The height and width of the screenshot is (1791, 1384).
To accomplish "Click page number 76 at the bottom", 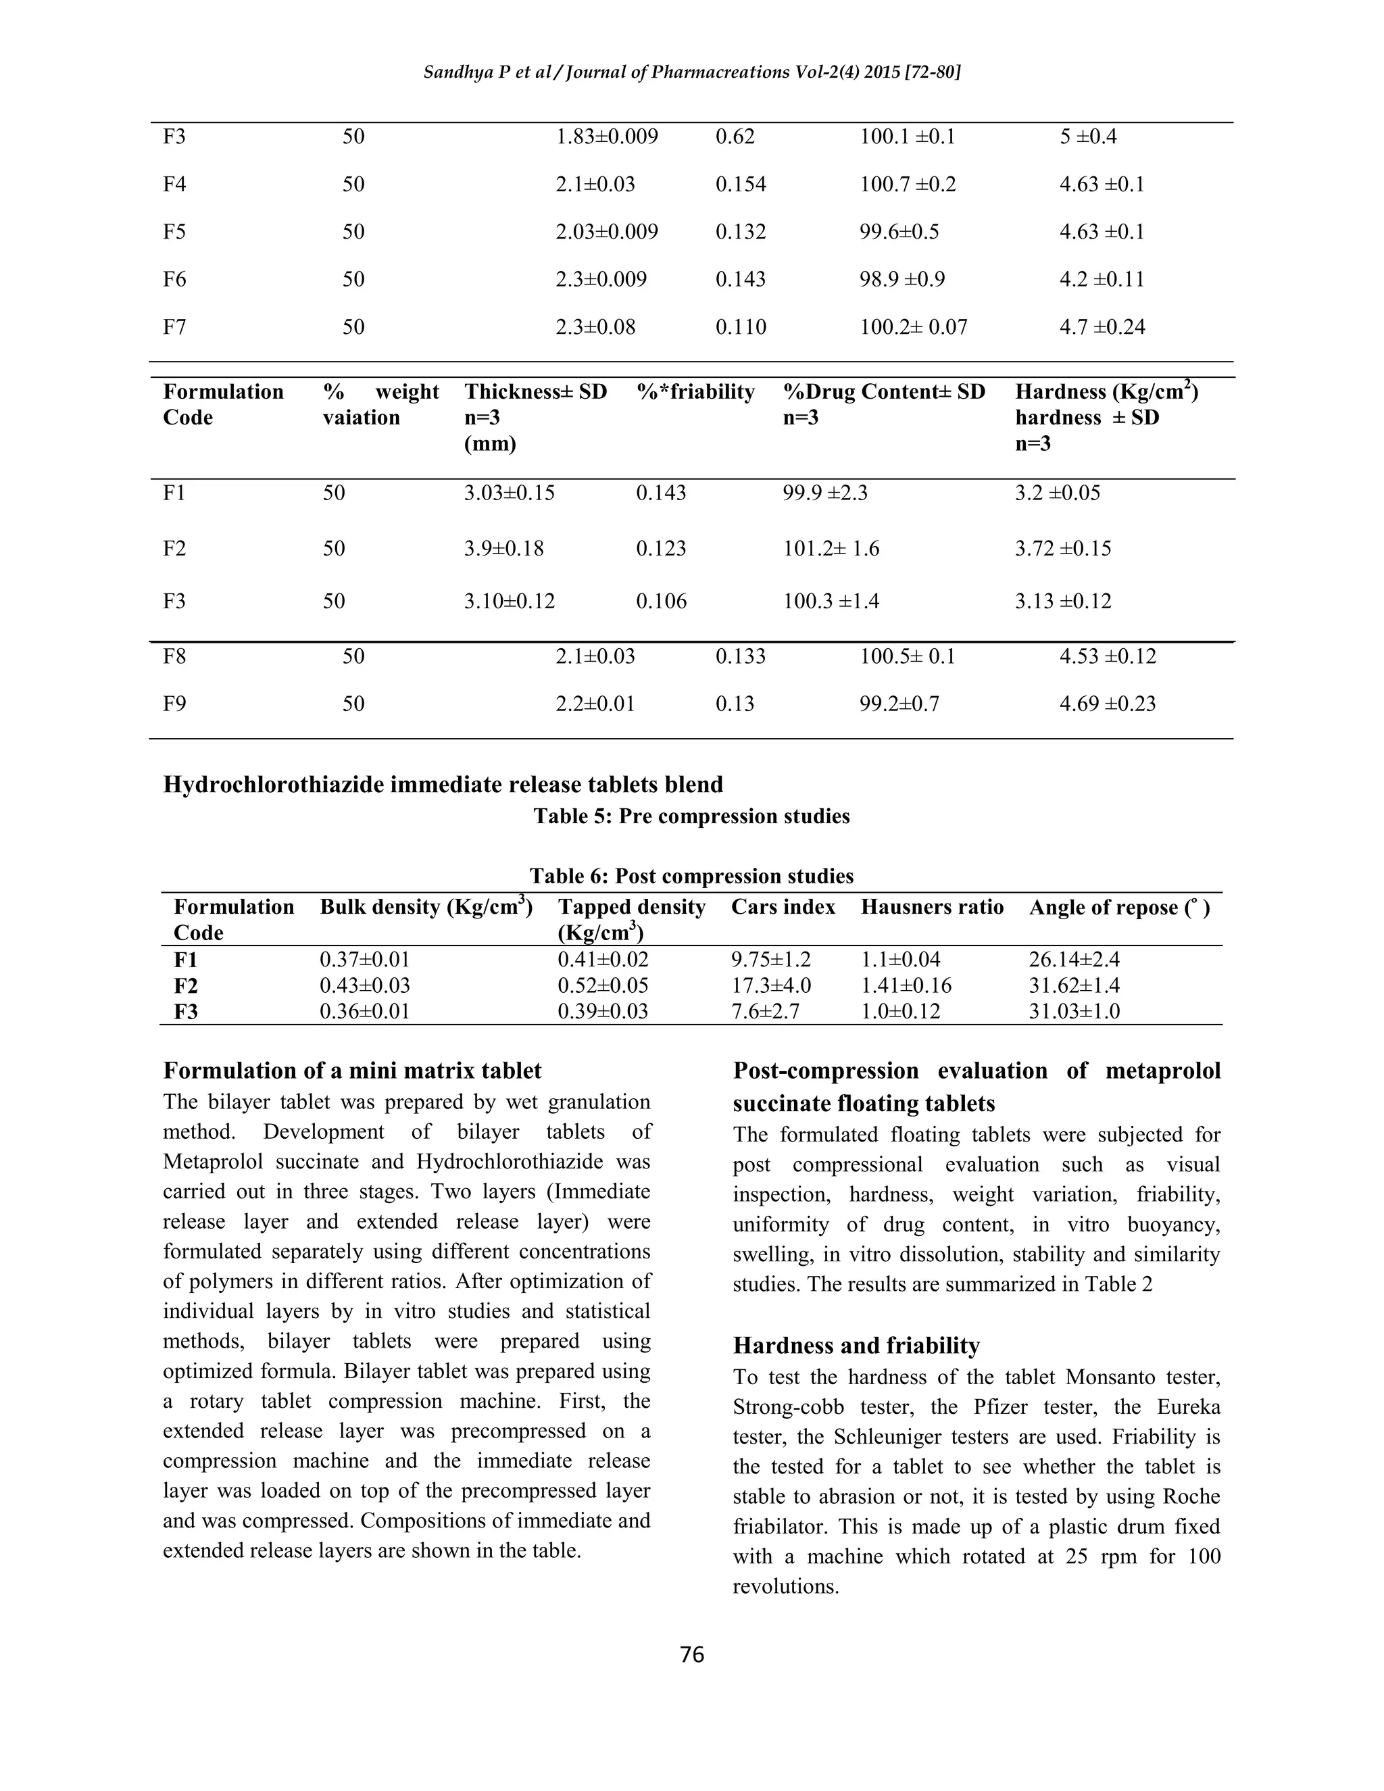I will [x=692, y=1655].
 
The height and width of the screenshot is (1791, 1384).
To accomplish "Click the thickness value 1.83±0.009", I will [x=607, y=136].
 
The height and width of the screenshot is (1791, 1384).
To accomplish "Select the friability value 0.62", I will [x=735, y=136].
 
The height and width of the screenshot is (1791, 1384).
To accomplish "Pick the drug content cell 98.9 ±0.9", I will [x=902, y=279].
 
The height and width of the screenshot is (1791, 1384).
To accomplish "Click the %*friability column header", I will [x=695, y=392].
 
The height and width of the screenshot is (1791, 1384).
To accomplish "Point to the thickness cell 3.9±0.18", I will [x=503, y=548].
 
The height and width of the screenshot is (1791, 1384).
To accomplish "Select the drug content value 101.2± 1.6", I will [x=831, y=548].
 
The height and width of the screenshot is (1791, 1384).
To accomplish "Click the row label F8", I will [x=174, y=656].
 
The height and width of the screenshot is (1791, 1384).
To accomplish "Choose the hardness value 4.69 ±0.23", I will [x=1107, y=704].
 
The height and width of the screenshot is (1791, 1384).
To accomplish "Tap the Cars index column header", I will [x=783, y=907].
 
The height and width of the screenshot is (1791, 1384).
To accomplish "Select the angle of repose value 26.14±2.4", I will [x=1074, y=960].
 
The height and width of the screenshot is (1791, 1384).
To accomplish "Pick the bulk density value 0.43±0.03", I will [x=364, y=985].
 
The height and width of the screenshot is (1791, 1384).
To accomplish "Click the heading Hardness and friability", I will [x=856, y=1346].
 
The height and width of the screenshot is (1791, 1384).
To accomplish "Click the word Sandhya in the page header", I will [x=453, y=72].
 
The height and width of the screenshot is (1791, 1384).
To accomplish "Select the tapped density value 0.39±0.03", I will [x=603, y=1011].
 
